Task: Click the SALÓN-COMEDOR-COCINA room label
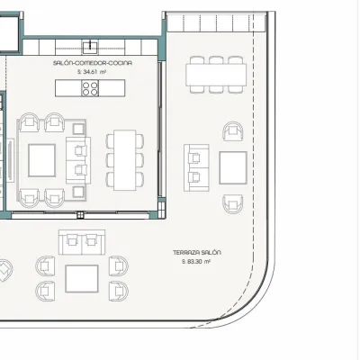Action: [x=93, y=63]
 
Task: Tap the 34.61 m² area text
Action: [x=92, y=72]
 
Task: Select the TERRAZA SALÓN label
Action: [x=197, y=253]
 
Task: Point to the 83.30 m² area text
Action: [x=196, y=262]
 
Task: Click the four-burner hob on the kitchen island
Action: [x=90, y=88]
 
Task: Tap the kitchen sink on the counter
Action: [x=90, y=46]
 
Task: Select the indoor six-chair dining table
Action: [x=125, y=160]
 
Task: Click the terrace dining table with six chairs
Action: [x=216, y=75]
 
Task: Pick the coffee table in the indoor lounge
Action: [x=41, y=160]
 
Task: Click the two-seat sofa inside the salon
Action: [x=78, y=160]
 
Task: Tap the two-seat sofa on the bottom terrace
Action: [x=82, y=242]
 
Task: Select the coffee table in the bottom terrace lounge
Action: [x=82, y=279]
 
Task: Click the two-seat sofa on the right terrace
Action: [x=196, y=167]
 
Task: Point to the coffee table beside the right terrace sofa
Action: [x=233, y=167]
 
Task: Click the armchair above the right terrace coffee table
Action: [x=233, y=130]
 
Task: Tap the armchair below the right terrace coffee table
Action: [x=233, y=204]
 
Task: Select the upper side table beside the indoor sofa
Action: [x=78, y=129]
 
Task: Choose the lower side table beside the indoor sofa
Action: [x=78, y=192]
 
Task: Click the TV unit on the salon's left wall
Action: [x=11, y=160]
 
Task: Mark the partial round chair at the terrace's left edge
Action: [x=5, y=271]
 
